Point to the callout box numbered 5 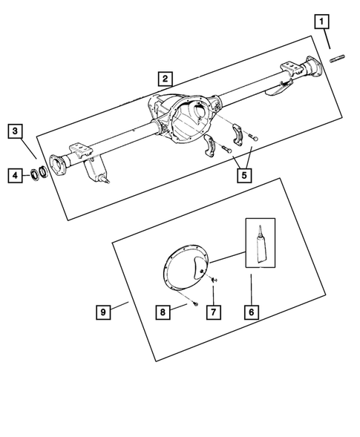[x=243, y=176]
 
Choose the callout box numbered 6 [x=251, y=312]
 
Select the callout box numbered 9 [x=105, y=312]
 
